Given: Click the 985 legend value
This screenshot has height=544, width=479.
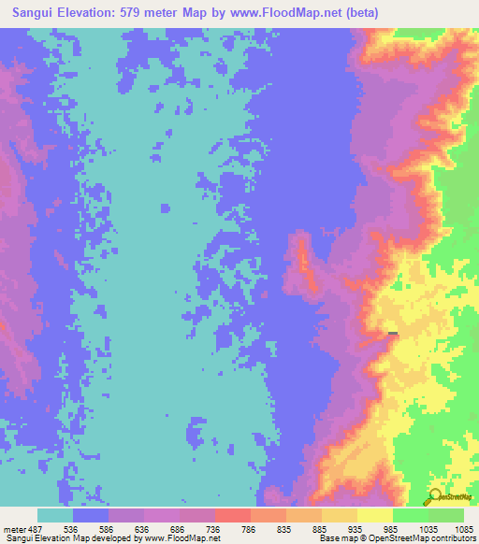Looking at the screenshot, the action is coord(393,528).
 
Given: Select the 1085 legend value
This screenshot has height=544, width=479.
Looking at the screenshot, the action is coord(463,528).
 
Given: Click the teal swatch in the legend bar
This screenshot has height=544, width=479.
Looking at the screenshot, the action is coord(54,515).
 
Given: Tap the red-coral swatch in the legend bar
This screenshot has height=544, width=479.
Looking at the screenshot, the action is coord(232,515).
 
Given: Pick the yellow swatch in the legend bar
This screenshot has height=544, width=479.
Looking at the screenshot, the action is coord(374,515).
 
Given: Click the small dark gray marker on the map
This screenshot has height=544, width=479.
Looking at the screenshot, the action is coord(393,333).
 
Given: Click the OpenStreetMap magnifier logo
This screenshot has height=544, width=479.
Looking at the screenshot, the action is coord(436,497).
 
